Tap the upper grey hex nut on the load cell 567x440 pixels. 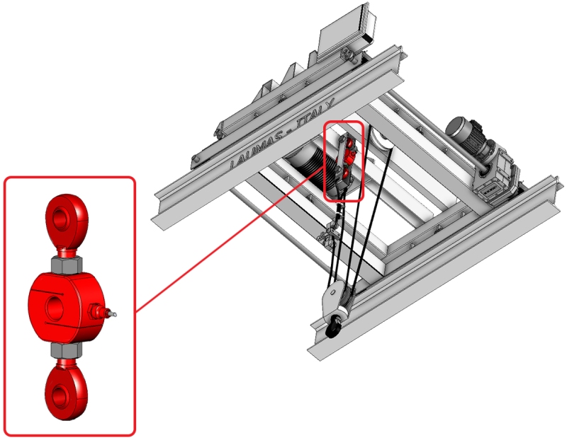(66, 265)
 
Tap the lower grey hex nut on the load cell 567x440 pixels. (66, 350)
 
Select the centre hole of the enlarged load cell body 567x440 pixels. (55, 308)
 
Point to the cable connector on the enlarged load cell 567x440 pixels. (102, 312)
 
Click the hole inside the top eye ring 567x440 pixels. (64, 218)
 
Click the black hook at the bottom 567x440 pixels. (333, 328)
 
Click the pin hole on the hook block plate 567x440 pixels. (331, 293)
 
